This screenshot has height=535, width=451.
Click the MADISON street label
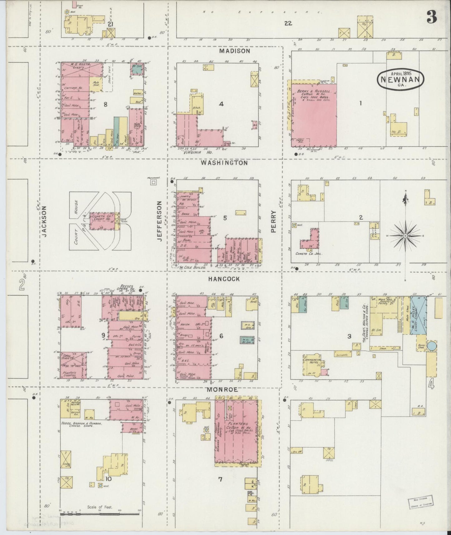[x=234, y=51]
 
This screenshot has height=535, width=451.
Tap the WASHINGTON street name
[x=224, y=163]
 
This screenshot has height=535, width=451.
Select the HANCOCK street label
[x=224, y=279]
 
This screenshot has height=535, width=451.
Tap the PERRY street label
[x=273, y=221]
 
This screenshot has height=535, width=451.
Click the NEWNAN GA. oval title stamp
[x=400, y=79]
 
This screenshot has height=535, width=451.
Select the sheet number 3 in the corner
[x=432, y=18]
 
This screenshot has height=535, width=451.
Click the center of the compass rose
[x=405, y=236]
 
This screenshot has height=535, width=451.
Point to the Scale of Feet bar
[x=100, y=513]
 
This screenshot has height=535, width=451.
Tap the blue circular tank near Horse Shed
[x=432, y=346]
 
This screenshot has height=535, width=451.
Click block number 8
[x=105, y=104]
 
